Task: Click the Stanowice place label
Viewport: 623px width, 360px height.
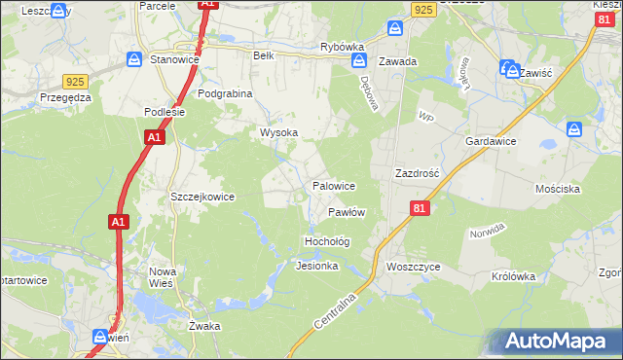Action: pos(175,60)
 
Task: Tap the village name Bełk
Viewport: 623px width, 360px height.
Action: pos(264,56)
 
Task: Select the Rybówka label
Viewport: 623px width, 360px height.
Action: pos(342,47)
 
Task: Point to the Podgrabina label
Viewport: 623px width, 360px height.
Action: pos(225,93)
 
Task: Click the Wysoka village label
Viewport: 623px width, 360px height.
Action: pos(277,132)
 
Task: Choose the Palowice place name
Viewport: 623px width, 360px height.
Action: pos(333,186)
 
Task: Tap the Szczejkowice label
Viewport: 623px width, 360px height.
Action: pos(202,197)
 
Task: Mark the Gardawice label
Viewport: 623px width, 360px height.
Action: pos(491,142)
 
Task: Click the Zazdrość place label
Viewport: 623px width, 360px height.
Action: pos(418,173)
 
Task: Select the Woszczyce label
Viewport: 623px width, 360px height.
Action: pos(414,266)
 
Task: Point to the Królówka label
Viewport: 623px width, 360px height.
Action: pos(514,276)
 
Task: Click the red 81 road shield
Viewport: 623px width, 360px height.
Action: pos(420,208)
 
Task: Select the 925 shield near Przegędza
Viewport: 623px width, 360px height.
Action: pos(75,82)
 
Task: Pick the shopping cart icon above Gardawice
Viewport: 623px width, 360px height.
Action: pos(575,127)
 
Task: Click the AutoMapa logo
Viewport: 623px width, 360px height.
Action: pos(555,341)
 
